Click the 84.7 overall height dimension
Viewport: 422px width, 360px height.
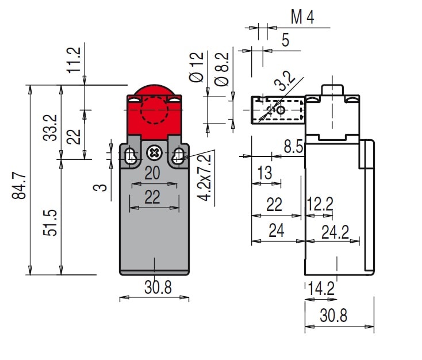point(19,185)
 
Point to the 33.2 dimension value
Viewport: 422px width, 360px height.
point(51,128)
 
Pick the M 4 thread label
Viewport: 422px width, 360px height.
point(302,18)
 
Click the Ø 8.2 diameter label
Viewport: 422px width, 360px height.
point(221,69)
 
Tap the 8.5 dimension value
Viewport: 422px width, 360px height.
point(293,147)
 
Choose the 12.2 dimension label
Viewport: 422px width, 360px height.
point(320,204)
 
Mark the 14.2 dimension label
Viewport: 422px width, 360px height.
point(321,288)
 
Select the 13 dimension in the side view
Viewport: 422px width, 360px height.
point(264,173)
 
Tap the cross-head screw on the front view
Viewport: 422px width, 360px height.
point(154,153)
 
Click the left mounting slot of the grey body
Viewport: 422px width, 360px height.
point(131,155)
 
